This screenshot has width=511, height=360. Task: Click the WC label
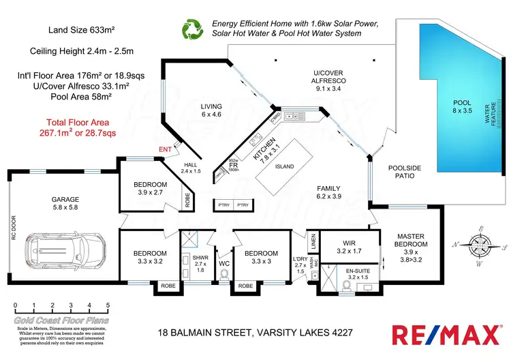click(224, 262)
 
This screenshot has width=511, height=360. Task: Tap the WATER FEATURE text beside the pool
click(486, 113)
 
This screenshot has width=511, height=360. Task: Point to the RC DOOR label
click(13, 232)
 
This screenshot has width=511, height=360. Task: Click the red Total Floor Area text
click(75, 127)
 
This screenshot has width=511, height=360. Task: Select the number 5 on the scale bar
click(108, 305)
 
